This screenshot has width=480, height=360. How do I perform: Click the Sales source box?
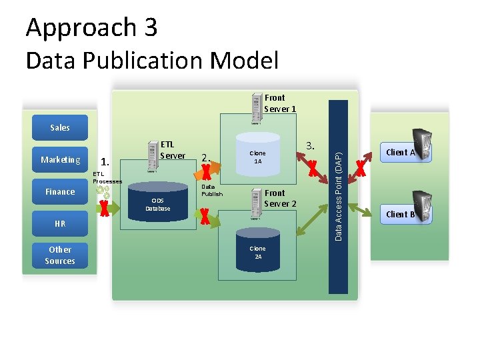(60, 127)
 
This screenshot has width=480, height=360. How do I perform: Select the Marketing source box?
(60, 159)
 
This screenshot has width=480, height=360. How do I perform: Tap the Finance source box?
(60, 192)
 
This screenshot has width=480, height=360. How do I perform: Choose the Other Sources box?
(60, 255)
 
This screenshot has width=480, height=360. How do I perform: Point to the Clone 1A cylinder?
(257, 157)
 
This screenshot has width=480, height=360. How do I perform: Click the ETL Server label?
(173, 150)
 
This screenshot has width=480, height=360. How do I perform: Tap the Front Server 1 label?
(279, 103)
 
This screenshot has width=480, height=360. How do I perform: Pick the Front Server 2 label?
(280, 198)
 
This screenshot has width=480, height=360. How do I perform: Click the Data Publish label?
(211, 191)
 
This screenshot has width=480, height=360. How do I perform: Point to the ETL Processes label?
(107, 178)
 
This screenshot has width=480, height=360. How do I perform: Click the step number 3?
(310, 146)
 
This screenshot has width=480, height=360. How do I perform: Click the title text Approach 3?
(91, 27)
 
